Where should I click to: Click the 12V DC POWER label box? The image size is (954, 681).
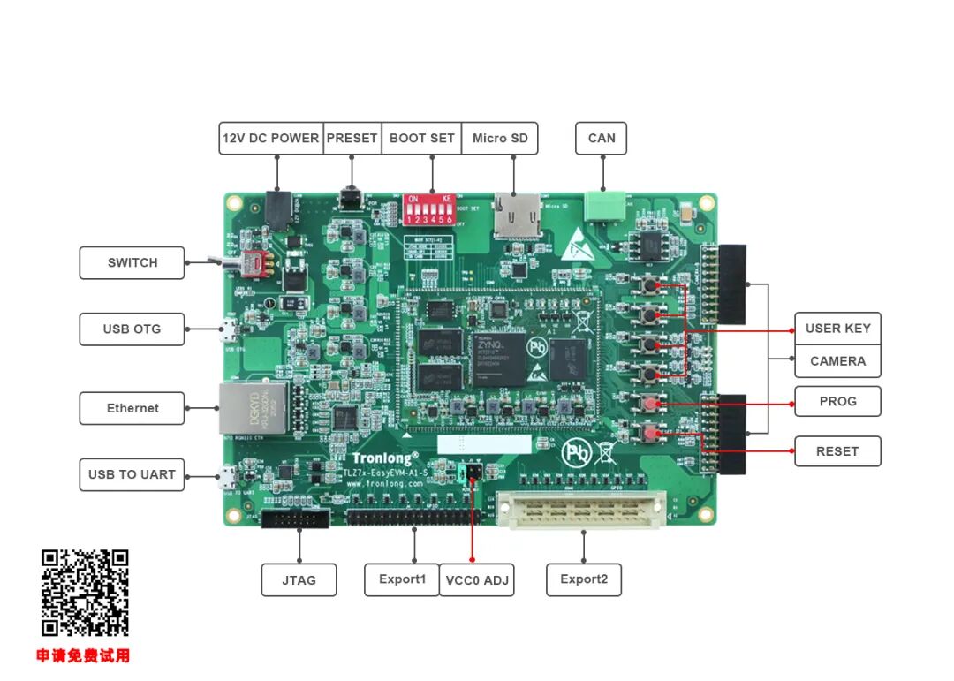pyautogui.click(x=270, y=139)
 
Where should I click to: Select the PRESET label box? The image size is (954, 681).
pyautogui.click(x=352, y=139)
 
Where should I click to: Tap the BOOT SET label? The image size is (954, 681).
pyautogui.click(x=421, y=139)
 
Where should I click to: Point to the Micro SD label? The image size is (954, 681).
pyautogui.click(x=500, y=139)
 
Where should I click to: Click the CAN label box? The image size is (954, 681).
pyautogui.click(x=602, y=139)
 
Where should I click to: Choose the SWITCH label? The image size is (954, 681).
pyautogui.click(x=132, y=263)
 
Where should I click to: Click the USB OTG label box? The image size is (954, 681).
pyautogui.click(x=132, y=329)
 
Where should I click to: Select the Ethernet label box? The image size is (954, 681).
pyautogui.click(x=132, y=409)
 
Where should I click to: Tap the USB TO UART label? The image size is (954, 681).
pyautogui.click(x=132, y=474)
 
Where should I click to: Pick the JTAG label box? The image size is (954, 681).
pyautogui.click(x=299, y=580)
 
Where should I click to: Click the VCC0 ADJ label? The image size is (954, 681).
pyautogui.click(x=477, y=580)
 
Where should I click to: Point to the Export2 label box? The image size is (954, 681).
pyautogui.click(x=584, y=579)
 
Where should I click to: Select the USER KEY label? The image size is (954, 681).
pyautogui.click(x=837, y=329)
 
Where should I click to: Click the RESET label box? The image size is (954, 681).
pyautogui.click(x=837, y=451)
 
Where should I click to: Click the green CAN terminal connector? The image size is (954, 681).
pyautogui.click(x=603, y=206)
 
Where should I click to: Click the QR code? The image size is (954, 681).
pyautogui.click(x=85, y=593)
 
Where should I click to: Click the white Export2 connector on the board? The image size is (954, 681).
pyautogui.click(x=580, y=511)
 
